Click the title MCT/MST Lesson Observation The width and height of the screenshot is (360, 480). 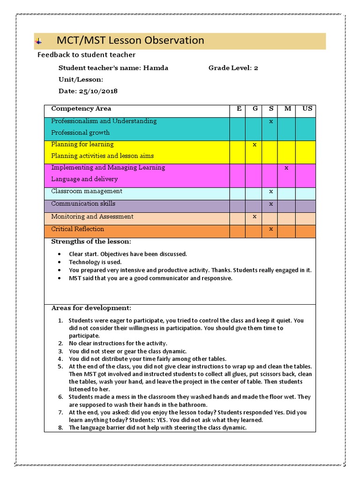(x=130, y=41)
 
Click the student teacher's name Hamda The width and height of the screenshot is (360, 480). (x=155, y=68)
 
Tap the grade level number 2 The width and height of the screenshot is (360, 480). (x=256, y=68)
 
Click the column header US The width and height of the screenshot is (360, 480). (x=307, y=109)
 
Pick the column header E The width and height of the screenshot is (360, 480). (x=239, y=109)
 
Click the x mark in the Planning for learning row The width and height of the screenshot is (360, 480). (x=255, y=145)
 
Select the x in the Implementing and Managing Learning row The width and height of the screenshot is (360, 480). (x=287, y=168)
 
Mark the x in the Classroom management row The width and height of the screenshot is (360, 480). (x=271, y=192)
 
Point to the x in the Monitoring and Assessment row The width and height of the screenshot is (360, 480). (x=255, y=217)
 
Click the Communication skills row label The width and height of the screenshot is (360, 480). (x=83, y=204)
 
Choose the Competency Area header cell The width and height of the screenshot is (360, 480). (x=81, y=109)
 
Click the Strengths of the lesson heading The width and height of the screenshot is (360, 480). (x=91, y=242)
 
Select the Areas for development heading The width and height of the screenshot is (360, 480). (x=91, y=308)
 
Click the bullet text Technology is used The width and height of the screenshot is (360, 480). (x=95, y=262)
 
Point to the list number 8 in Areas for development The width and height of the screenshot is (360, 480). (x=60, y=427)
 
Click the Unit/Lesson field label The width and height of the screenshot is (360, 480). (x=81, y=80)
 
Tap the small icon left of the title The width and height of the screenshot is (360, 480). (x=38, y=42)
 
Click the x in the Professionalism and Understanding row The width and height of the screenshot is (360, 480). (x=271, y=121)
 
